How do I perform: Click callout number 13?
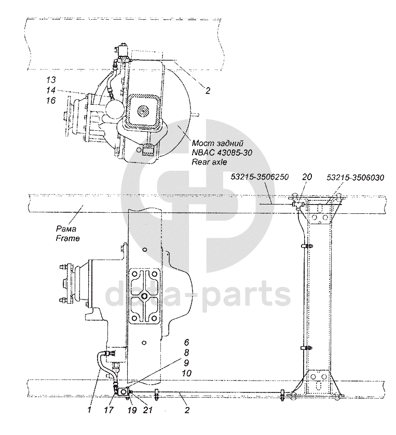point(51,80)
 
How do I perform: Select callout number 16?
point(51,100)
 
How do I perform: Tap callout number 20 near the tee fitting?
point(307,176)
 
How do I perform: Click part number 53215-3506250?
point(260,176)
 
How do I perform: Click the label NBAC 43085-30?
point(222,153)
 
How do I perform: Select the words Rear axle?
point(209,162)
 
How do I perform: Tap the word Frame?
point(67,238)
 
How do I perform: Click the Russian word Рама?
point(66,229)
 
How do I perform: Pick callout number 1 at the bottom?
point(89,410)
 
